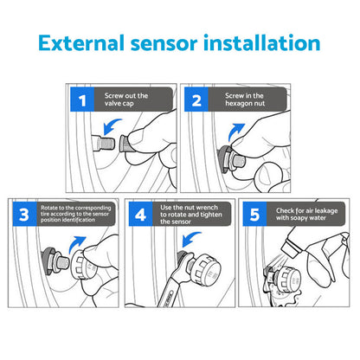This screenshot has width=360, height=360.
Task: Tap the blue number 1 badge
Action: click(83, 101)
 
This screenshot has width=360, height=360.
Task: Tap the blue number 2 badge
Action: click(196, 101)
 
